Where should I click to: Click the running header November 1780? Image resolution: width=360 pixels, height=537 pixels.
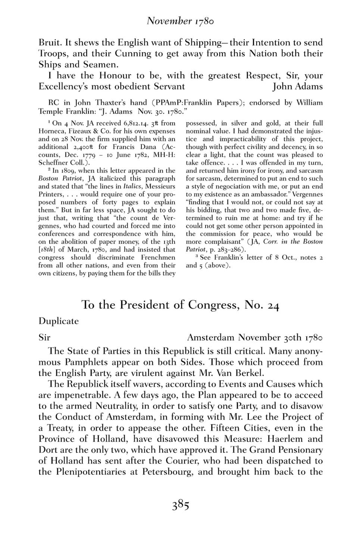pos(180,21)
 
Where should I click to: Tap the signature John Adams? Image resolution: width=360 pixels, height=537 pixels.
pos(297,87)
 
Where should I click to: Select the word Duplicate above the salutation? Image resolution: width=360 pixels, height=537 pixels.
pos(59,321)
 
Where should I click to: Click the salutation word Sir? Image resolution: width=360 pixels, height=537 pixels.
pos(44,338)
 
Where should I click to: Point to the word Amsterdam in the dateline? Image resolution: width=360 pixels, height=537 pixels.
pos(210,338)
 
